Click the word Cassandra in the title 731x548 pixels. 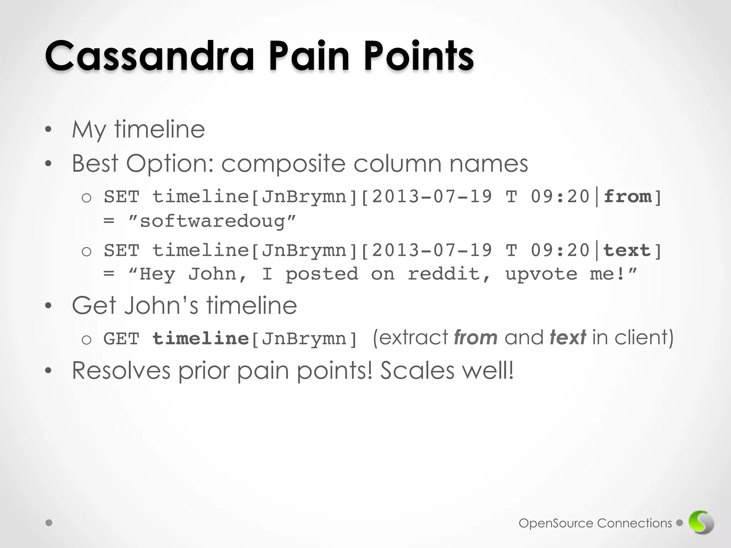point(149,56)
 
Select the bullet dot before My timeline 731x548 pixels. point(49,130)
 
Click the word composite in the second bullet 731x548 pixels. point(283,164)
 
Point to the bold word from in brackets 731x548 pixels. point(627,197)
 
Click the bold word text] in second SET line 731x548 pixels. point(632,250)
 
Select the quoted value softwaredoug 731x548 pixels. point(212,221)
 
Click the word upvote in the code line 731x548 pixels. point(541,274)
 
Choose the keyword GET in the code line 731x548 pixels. point(121,339)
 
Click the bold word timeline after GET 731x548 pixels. point(200,339)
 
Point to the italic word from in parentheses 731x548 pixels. point(475,338)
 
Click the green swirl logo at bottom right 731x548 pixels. point(701,523)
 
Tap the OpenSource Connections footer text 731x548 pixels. point(595,523)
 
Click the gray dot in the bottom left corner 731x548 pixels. point(49,523)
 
